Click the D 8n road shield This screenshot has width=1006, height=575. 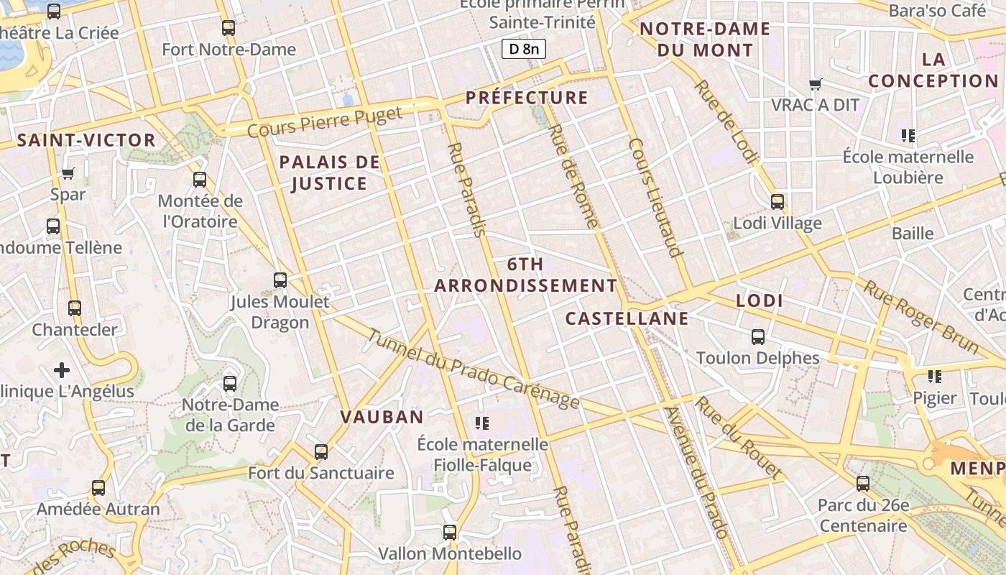tap(523, 49)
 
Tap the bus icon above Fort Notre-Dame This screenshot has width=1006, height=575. tap(229, 28)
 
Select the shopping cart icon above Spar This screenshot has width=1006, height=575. tap(68, 173)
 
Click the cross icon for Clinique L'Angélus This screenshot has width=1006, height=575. tap(62, 370)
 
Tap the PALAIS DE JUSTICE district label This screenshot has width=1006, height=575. tap(330, 173)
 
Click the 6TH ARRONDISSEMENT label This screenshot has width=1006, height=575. tap(525, 275)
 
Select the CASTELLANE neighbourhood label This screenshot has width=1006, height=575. tap(627, 318)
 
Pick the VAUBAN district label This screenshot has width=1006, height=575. tap(382, 417)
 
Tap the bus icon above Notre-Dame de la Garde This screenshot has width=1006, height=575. tap(230, 384)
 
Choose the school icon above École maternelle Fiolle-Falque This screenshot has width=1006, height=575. tap(482, 423)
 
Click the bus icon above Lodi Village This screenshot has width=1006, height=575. tap(777, 202)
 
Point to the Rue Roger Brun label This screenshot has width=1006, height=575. tap(921, 317)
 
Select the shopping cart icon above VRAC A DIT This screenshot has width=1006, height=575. tap(815, 85)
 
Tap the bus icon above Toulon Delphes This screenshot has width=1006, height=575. tap(757, 336)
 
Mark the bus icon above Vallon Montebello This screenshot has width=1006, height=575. tap(450, 533)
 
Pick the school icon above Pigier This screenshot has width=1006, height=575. tap(934, 377)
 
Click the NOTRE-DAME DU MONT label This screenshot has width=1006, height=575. tap(705, 40)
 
